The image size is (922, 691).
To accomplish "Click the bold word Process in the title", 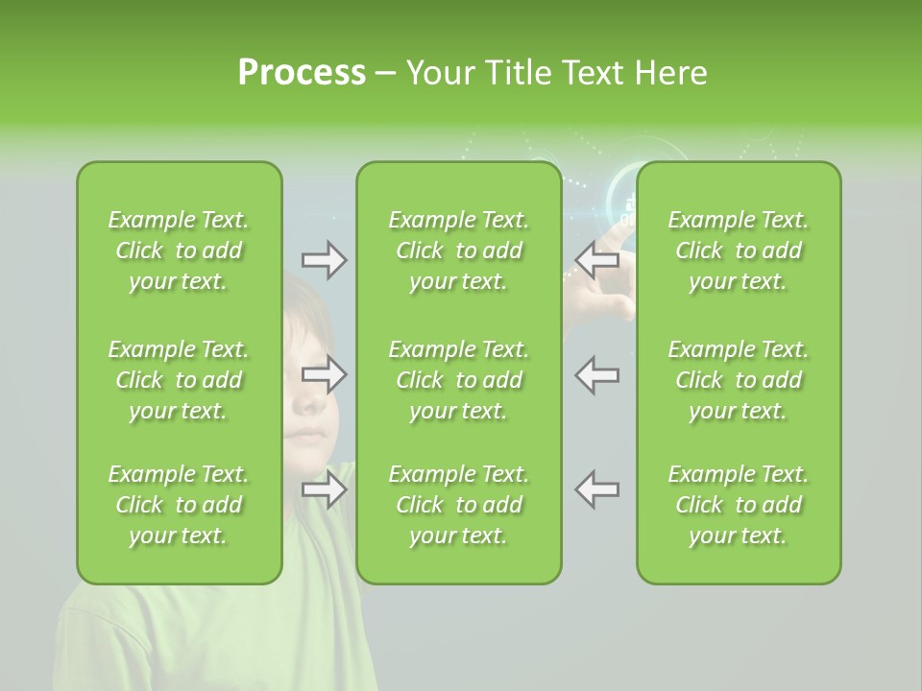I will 302,73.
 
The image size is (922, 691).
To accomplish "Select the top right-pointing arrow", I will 325,260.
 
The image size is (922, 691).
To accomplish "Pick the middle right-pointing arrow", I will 325,374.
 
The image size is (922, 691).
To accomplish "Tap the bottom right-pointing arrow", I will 325,489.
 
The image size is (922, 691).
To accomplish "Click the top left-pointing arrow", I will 596,259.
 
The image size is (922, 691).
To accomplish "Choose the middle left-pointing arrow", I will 596,374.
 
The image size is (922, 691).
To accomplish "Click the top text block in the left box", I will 179,250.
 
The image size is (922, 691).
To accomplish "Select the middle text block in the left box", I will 179,380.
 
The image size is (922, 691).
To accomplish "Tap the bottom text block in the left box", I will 179,505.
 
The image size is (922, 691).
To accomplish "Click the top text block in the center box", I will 459,250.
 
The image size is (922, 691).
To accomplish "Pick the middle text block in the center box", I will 459,380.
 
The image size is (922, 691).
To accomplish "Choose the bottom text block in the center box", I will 459,505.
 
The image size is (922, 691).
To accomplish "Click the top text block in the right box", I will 739,250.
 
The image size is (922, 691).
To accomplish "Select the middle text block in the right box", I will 739,380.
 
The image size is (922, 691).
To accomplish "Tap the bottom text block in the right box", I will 739,505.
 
